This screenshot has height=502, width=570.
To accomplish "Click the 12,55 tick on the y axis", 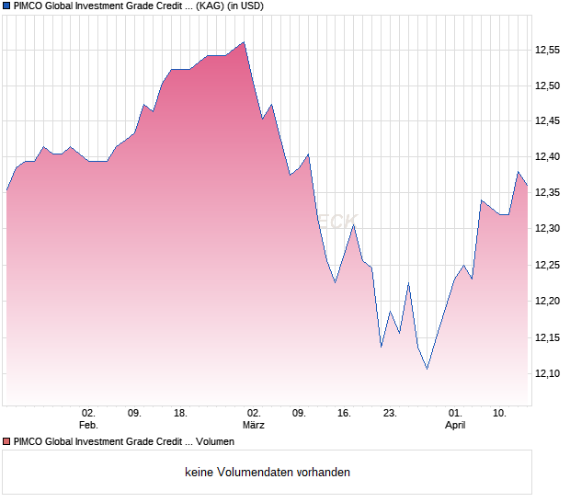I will pos(548,50).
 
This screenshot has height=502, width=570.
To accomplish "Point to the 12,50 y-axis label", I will pos(548,86).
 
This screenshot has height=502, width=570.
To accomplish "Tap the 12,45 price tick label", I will pos(548,121).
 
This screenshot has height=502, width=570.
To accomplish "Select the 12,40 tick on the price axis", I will pos(548,157).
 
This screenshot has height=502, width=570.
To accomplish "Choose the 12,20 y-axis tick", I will pos(548,301).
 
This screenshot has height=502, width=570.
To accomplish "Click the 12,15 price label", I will pos(548,337).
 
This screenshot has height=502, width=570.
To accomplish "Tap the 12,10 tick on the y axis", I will pos(548,373).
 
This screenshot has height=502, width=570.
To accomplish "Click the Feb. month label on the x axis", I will pos(88,425).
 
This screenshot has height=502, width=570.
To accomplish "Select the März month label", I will pos(254,425).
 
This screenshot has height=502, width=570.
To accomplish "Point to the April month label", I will pos(455,425).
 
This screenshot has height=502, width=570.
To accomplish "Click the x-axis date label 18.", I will pos(180,413).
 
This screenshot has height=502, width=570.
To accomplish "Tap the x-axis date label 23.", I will pos(390,413).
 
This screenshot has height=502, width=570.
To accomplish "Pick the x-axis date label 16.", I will pos(344,413).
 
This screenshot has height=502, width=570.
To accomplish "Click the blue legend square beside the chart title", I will pos(6,6).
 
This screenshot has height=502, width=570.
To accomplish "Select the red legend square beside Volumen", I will pos(6,442).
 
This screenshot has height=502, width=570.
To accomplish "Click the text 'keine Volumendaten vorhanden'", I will pos(268,473).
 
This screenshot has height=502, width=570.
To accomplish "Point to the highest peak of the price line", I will pos(244,41).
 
